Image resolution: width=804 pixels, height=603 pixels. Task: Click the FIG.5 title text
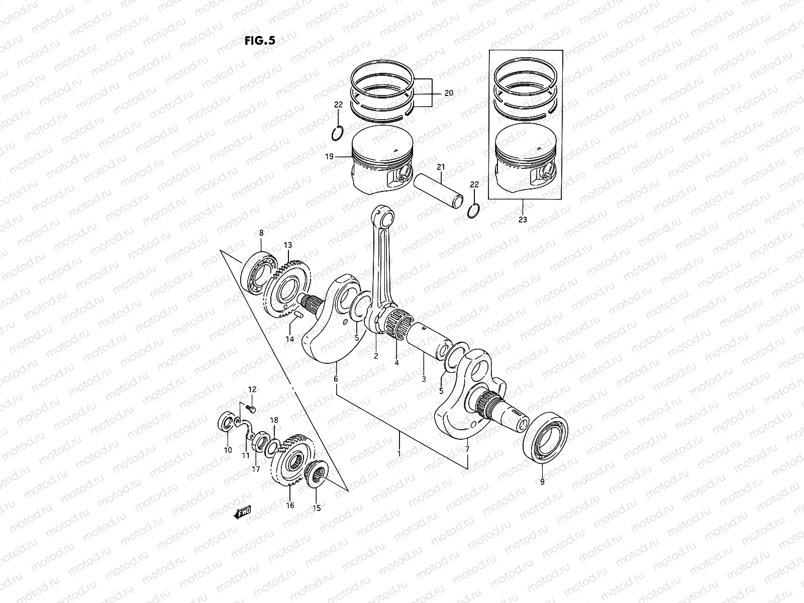click(260, 41)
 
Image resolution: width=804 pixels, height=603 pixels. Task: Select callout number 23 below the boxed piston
click(523, 220)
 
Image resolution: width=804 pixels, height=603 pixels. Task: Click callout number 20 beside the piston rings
click(449, 93)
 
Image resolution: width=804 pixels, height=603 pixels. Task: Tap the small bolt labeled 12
click(251, 410)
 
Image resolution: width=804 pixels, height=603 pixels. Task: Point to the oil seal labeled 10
click(227, 422)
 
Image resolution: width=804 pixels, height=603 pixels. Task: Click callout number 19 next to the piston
click(329, 157)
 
